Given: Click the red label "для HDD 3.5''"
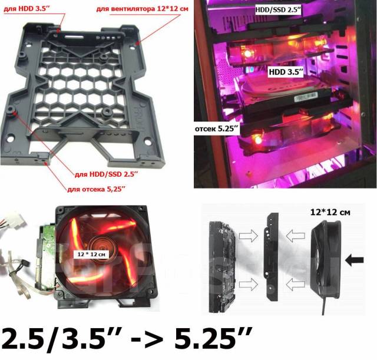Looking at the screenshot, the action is coord(27,9).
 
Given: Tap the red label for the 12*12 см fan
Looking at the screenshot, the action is coord(142,9).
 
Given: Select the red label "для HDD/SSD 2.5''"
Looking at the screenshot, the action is coord(107,174).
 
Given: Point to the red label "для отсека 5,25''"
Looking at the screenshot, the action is coord(96,189).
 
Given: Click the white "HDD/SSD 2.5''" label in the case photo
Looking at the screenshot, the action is coord(278,9).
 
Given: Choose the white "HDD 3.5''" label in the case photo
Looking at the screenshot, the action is coord(286,72).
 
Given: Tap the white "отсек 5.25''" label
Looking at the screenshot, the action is coord(217,129).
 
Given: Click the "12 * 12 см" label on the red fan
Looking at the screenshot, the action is coord(91,254).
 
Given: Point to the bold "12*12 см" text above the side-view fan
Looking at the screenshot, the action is coord(330,212).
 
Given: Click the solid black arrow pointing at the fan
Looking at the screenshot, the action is coord(354,260).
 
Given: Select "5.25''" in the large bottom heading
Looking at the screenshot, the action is coord(213,339).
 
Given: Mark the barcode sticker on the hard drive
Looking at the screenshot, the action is coord(305,97).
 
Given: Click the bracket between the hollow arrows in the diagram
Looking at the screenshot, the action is coord(273,256).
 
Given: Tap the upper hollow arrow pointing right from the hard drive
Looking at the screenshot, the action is coord(249,235).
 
